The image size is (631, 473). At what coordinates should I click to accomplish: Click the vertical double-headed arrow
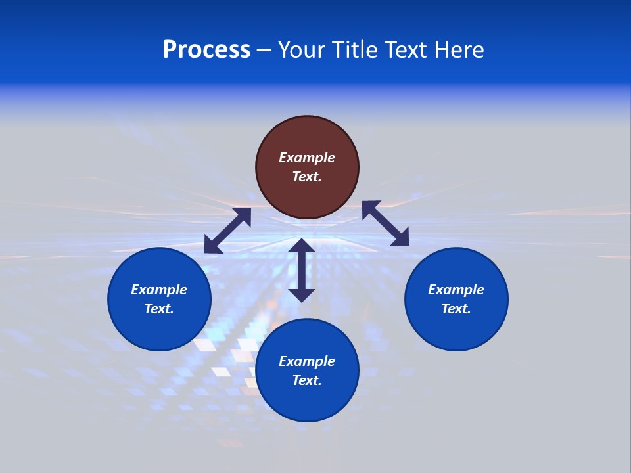pos(302,270)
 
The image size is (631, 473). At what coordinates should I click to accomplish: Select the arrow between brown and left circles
pos(227,231)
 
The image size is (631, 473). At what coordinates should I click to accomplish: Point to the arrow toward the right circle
pos(385,223)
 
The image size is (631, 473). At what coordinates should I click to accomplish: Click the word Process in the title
pos(206,50)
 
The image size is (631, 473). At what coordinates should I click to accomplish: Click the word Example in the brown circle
pos(307,158)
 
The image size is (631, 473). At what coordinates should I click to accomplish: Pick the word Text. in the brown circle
pos(307,177)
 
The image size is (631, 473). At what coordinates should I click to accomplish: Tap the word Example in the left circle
pos(159,290)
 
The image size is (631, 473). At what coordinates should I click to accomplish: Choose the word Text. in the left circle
pos(159,309)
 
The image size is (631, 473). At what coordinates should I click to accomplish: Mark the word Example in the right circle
pos(456,290)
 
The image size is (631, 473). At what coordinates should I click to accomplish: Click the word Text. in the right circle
pos(456,309)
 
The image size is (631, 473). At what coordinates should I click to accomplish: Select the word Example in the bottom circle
pos(307,361)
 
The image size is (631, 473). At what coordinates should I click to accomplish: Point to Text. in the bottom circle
pos(307,380)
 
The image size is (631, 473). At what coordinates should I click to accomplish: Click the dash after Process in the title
pos(264,51)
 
